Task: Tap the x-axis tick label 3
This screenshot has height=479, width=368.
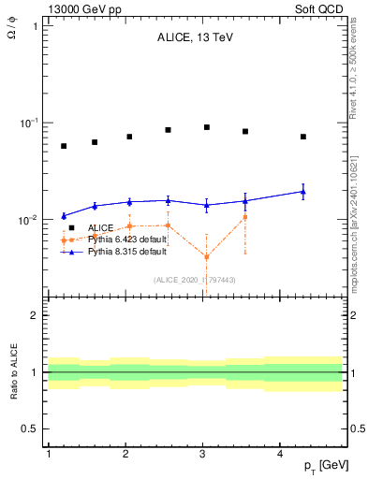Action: pyautogui.click(x=203, y=454)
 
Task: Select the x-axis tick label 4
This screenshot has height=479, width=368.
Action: pyautogui.click(x=281, y=454)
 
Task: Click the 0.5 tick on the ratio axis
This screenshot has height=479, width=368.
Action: pyautogui.click(x=30, y=428)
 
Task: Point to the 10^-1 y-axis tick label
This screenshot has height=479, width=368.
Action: pyautogui.click(x=29, y=123)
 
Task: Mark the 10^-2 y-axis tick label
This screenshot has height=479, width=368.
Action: pyautogui.click(x=29, y=220)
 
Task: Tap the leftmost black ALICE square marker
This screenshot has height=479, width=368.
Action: pyautogui.click(x=64, y=146)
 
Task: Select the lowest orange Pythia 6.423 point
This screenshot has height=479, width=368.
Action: pyautogui.click(x=206, y=256)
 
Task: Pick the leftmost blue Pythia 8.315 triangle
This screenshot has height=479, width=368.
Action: pyautogui.click(x=64, y=216)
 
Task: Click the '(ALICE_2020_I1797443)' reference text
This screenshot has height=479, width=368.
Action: pyautogui.click(x=194, y=280)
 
